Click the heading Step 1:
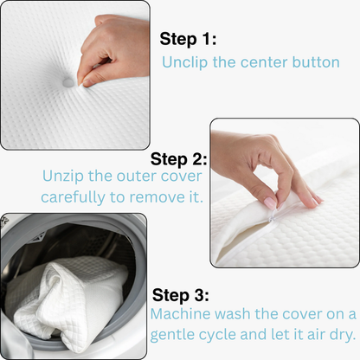tap(188, 39)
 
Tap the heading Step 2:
tap(179, 159)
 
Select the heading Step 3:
tap(181, 295)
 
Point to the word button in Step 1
tap(316, 62)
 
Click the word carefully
tap(73, 197)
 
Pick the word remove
tap(157, 197)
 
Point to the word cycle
tap(217, 336)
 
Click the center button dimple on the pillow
tap(68, 82)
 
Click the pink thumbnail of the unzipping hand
tap(270, 203)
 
